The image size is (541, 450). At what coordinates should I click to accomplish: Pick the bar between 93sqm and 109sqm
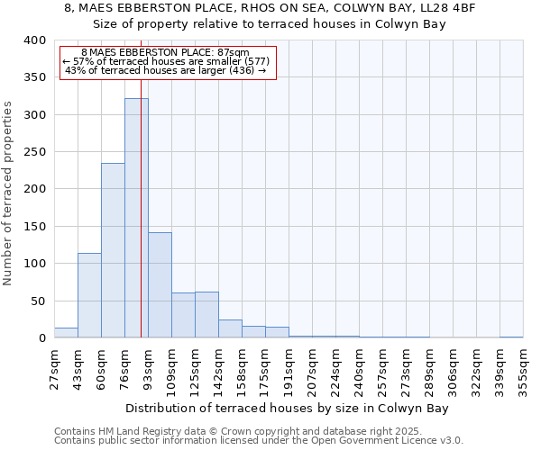(x=160, y=284)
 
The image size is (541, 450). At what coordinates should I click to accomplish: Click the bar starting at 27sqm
(x=66, y=333)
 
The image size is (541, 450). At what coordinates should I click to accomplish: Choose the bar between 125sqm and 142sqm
(x=206, y=315)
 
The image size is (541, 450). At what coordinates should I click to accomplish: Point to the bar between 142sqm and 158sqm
(x=230, y=328)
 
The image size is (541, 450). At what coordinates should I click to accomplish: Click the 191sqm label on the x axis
(x=289, y=369)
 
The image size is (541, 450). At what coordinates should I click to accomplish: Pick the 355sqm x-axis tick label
(x=523, y=369)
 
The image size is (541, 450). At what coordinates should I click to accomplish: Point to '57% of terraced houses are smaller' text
(x=167, y=61)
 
